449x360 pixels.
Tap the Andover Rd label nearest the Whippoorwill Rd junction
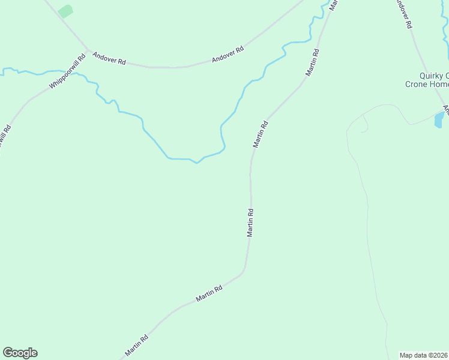click(109, 58)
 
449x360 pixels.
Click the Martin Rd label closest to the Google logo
click(136, 344)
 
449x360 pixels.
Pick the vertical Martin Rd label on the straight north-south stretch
click(250, 223)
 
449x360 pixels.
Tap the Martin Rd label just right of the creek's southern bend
click(260, 134)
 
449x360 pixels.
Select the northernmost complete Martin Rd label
click(312, 62)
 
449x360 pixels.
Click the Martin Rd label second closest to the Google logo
click(209, 293)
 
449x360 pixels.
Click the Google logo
click(20, 353)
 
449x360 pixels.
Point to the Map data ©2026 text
click(424, 355)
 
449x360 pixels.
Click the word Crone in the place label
click(415, 85)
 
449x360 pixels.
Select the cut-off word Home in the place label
click(438, 85)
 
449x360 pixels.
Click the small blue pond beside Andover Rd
click(439, 119)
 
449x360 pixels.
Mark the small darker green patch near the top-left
click(65, 11)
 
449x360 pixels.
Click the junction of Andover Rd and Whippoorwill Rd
click(88, 50)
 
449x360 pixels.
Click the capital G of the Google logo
click(8, 353)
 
